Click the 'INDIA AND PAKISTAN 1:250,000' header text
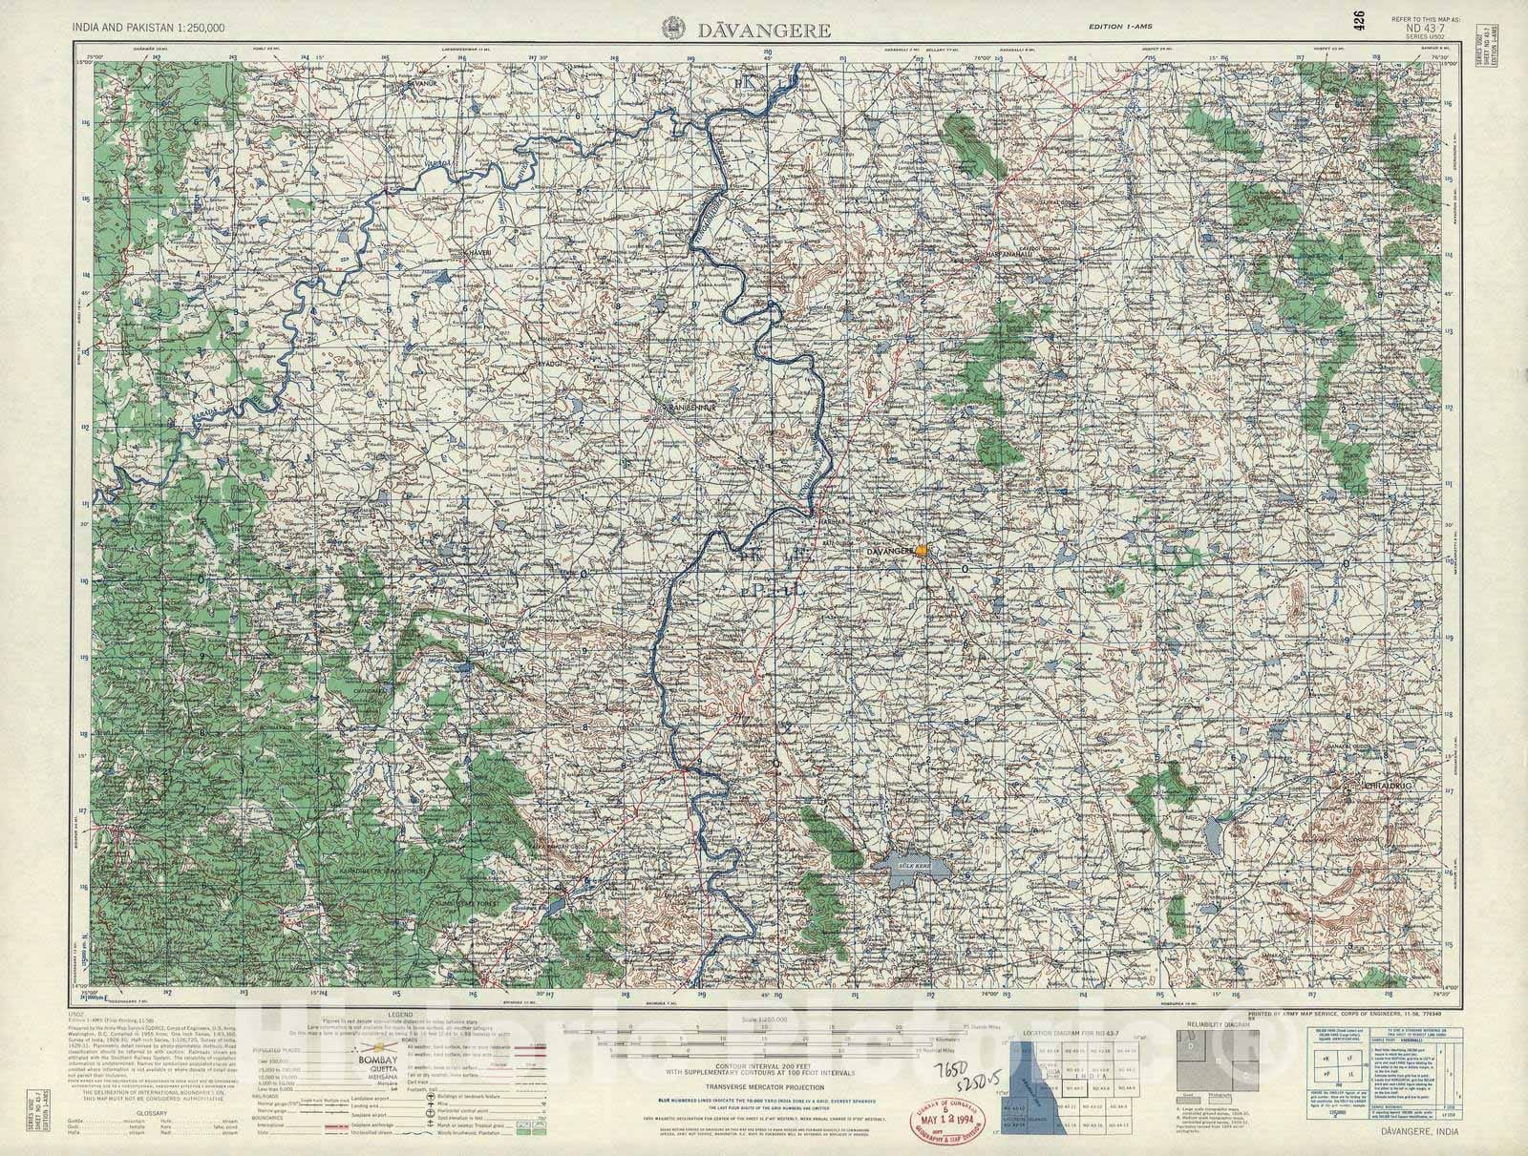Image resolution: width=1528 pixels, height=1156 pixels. click(149, 30)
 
